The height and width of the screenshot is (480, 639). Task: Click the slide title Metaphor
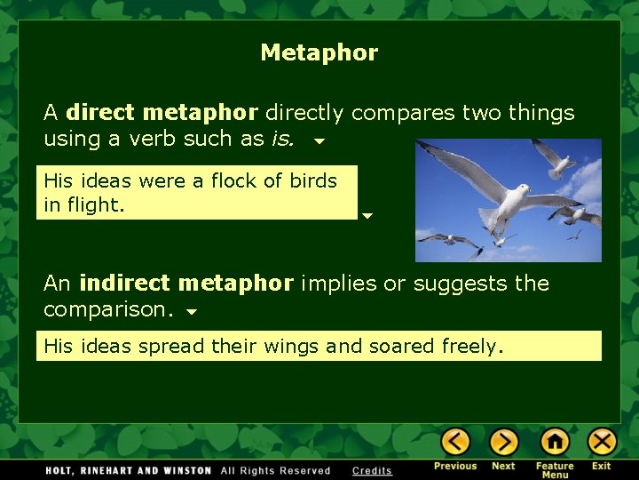pos(319,53)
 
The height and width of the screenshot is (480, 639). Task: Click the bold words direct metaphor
pos(162,114)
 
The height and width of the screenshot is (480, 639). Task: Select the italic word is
pos(283,139)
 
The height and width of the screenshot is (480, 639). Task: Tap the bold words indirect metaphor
pos(185,284)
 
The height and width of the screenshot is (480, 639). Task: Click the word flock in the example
pos(233,181)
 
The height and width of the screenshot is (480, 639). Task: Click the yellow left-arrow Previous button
pos(455,442)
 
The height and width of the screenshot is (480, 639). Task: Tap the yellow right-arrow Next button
pos(503,442)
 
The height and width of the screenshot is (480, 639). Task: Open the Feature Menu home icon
pos(555,442)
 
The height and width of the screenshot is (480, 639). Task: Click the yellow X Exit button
pos(602,442)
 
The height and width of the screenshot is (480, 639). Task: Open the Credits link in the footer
pos(372,470)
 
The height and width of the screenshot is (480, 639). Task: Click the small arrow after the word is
pos(319,140)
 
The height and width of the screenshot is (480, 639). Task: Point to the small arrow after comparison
pos(192,312)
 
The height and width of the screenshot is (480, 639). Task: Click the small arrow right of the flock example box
pos(367,215)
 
